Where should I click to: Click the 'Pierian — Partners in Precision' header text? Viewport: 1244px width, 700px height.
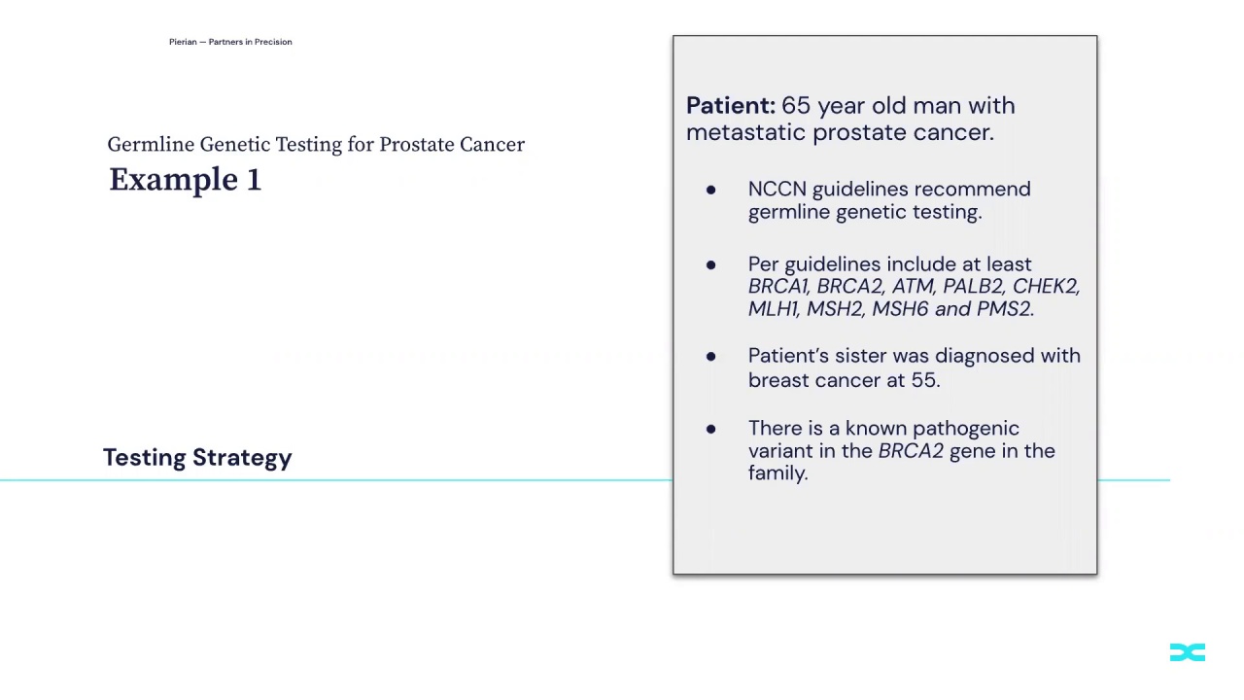pyautogui.click(x=230, y=42)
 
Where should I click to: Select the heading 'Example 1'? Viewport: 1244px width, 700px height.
pyautogui.click(x=185, y=180)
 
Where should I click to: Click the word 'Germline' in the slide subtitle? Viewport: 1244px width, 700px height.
pyautogui.click(x=151, y=145)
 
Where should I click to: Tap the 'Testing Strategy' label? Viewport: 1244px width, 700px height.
pyautogui.click(x=197, y=458)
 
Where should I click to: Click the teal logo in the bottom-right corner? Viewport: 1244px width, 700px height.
pyautogui.click(x=1187, y=652)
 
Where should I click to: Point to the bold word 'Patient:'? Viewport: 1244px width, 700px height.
pyautogui.click(x=730, y=106)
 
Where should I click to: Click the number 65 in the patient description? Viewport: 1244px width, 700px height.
pyautogui.click(x=795, y=106)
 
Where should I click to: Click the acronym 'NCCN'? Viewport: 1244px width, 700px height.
pyautogui.click(x=777, y=190)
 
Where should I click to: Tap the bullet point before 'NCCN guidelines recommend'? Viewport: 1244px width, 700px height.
pyautogui.click(x=710, y=191)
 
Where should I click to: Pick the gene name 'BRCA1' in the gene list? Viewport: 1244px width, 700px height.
pyautogui.click(x=777, y=287)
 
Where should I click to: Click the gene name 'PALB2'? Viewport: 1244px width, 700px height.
pyautogui.click(x=972, y=287)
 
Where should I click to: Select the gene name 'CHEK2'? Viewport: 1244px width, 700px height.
pyautogui.click(x=1045, y=287)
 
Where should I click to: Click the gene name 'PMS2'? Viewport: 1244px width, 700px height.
pyautogui.click(x=1004, y=309)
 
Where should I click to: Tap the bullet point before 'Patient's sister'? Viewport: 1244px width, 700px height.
pyautogui.click(x=710, y=357)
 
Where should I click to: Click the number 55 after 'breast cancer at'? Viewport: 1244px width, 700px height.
pyautogui.click(x=923, y=380)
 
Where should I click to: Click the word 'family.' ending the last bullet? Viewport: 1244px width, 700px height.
pyautogui.click(x=777, y=473)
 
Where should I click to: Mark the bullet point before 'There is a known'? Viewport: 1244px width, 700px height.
pyautogui.click(x=710, y=429)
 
